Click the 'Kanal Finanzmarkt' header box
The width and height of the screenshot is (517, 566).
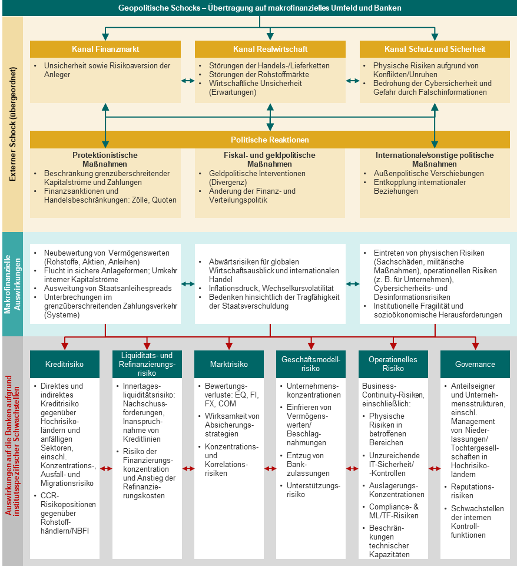pyautogui.click(x=105, y=49)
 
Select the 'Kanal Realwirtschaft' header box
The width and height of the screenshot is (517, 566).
pyautogui.click(x=270, y=49)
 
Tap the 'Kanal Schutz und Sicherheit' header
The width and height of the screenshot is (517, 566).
pyautogui.click(x=435, y=49)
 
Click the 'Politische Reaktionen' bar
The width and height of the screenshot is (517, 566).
pyautogui.click(x=270, y=140)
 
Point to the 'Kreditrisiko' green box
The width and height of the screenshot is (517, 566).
pyautogui.click(x=65, y=364)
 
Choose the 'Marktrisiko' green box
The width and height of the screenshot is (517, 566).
pyautogui.click(x=229, y=364)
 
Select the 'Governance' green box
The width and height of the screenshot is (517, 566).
pyautogui.click(x=475, y=364)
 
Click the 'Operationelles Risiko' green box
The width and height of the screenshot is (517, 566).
pyautogui.click(x=393, y=364)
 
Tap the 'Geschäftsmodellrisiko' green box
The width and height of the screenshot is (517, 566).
pyautogui.click(x=311, y=364)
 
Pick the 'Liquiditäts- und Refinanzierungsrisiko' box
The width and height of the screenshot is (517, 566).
pyautogui.click(x=147, y=364)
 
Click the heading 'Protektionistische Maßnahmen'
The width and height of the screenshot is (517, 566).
pyautogui.click(x=105, y=160)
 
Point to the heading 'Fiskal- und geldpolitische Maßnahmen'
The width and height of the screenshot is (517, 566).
pyautogui.click(x=270, y=160)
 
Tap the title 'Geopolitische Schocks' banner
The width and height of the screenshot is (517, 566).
pyautogui.click(x=259, y=8)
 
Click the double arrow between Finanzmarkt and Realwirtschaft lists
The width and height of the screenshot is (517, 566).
pyautogui.click(x=188, y=80)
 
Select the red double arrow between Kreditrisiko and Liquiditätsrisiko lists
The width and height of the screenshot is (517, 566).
pyautogui.click(x=106, y=469)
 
